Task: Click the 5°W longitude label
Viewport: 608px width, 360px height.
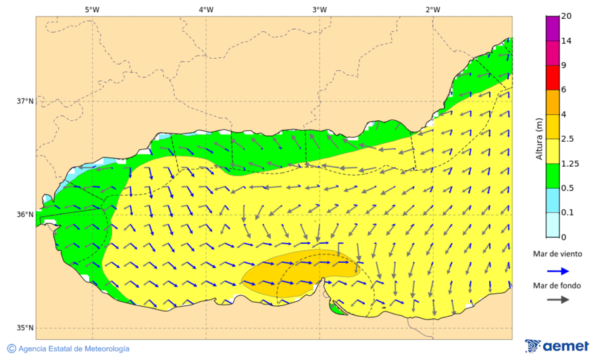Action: coord(93,9)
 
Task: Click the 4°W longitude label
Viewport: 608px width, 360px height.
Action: coord(206,9)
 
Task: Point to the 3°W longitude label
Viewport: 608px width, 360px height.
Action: coord(320,9)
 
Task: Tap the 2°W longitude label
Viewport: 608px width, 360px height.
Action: coord(433,9)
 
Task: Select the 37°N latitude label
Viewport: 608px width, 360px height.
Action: coord(25,101)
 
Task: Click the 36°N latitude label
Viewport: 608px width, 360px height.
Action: coord(25,215)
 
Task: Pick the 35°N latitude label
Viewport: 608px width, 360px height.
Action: coord(25,328)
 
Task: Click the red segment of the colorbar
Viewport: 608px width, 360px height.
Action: coord(553,78)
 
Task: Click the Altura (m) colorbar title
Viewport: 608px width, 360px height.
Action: coord(539,138)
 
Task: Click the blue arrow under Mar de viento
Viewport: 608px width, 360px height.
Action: coord(556,269)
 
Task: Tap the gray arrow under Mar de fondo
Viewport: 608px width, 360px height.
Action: coord(556,301)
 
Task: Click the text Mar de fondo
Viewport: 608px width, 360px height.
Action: coord(556,285)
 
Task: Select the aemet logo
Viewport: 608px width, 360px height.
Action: coord(557,346)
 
